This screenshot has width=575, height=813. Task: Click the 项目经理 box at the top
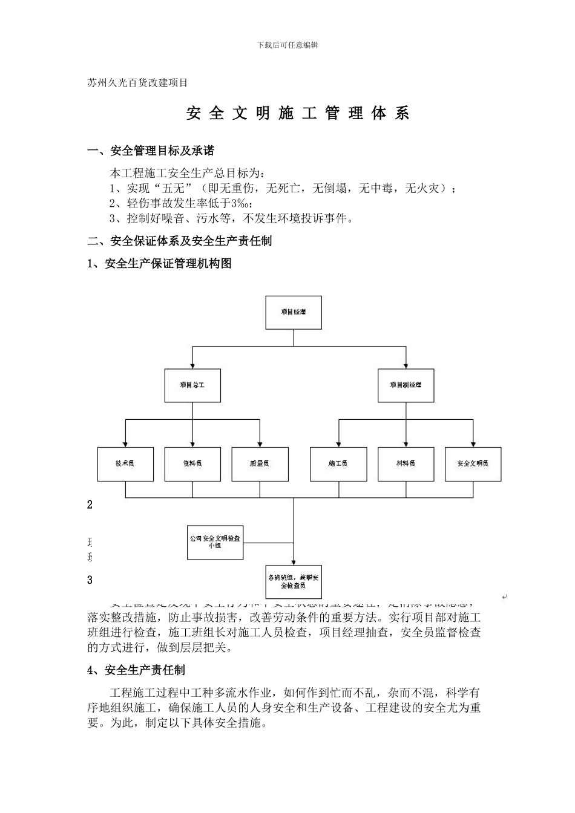[294, 312]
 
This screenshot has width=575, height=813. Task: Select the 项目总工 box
[192, 385]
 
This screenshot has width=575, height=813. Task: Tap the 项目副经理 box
[406, 385]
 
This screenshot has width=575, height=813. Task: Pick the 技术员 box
[125, 464]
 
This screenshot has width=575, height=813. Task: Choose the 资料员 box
[192, 464]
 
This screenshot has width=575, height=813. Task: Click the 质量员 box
[260, 464]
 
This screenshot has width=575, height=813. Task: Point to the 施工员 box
[338, 464]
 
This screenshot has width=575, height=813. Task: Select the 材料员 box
[406, 464]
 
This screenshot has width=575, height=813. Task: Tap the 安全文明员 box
[473, 464]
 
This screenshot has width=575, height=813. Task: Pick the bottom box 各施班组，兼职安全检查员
[294, 581]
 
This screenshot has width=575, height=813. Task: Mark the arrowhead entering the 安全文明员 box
[473, 444]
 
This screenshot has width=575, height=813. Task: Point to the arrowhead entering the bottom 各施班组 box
[294, 562]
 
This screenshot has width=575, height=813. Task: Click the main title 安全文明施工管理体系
[298, 113]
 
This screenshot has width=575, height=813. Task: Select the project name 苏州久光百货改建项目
[137, 83]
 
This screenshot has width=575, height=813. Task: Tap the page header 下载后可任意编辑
[287, 45]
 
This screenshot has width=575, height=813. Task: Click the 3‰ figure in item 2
[241, 203]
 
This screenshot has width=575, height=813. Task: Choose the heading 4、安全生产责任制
[136, 670]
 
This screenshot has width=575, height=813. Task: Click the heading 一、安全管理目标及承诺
[151, 151]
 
